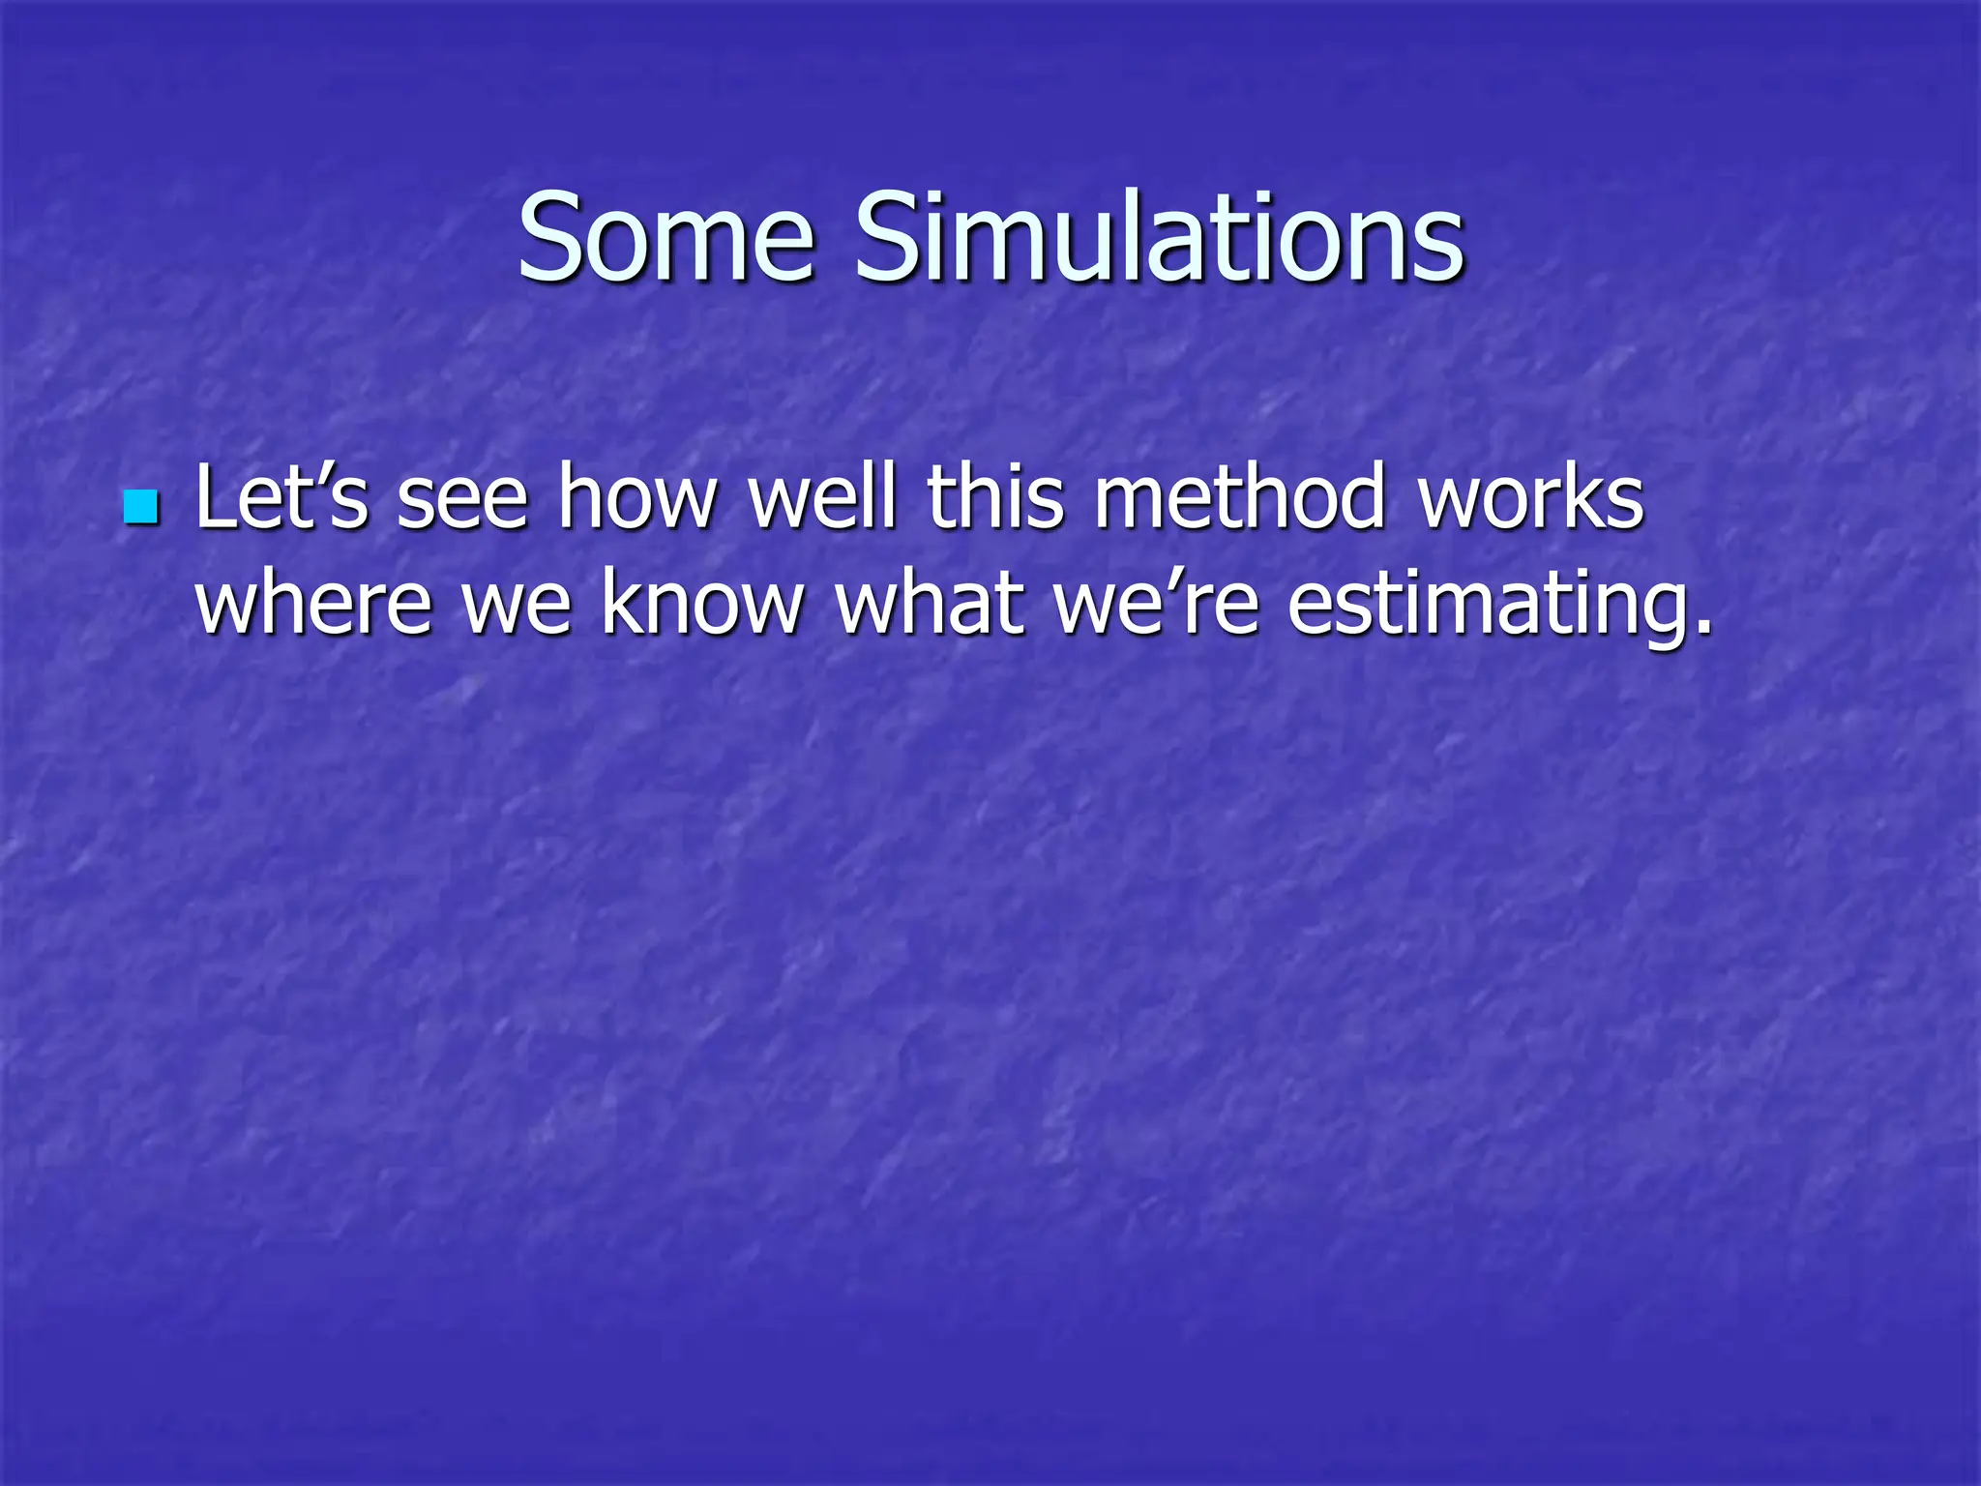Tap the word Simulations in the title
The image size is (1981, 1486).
pyautogui.click(x=1159, y=237)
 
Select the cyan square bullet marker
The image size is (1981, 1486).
pyautogui.click(x=141, y=506)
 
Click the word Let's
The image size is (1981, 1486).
pyautogui.click(x=281, y=497)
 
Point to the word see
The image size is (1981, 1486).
pyautogui.click(x=462, y=499)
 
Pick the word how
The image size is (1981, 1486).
pyautogui.click(x=637, y=497)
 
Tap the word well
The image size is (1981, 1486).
pyautogui.click(x=823, y=497)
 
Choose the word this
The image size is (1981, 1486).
pyautogui.click(x=996, y=497)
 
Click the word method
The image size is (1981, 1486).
pyautogui.click(x=1241, y=497)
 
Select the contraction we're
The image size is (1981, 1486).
pyautogui.click(x=1157, y=604)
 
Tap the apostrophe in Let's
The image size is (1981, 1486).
pyautogui.click(x=318, y=474)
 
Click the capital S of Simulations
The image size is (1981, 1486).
pyautogui.click(x=889, y=237)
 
